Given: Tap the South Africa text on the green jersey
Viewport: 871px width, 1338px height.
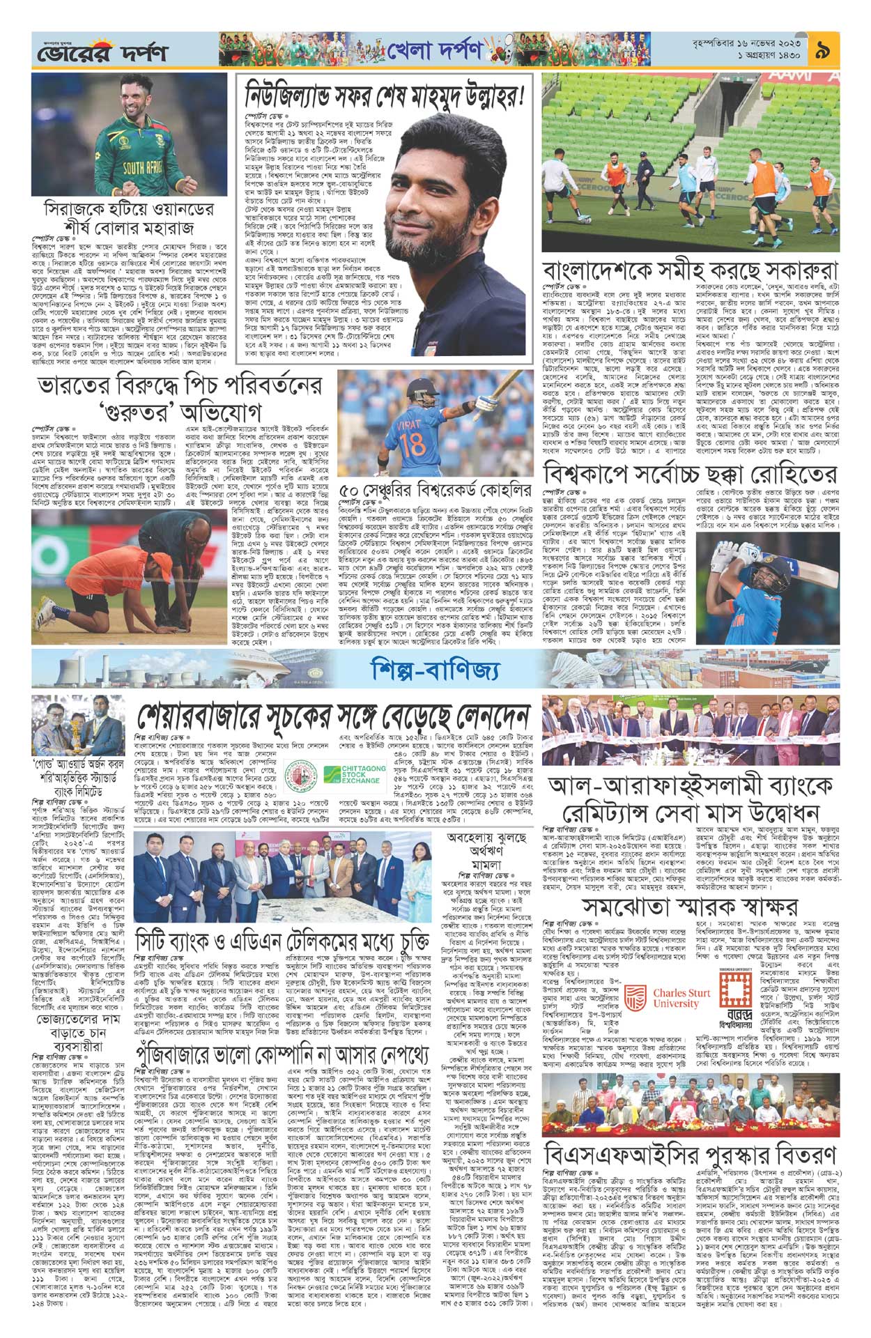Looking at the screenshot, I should click(x=144, y=168).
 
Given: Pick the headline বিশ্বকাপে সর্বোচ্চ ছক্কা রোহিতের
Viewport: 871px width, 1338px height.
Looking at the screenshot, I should click(x=690, y=474).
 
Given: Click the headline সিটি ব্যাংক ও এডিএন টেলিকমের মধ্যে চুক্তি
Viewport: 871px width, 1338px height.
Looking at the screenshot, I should click(x=293, y=942).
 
